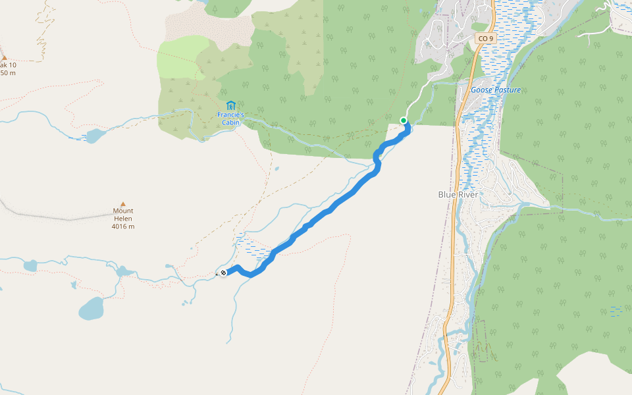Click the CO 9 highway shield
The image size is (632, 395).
pyautogui.click(x=485, y=39)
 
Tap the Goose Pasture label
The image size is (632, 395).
pyautogui.click(x=496, y=90)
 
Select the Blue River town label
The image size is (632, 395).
pyautogui.click(x=457, y=194)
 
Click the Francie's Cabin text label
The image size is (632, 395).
pyautogui.click(x=230, y=118)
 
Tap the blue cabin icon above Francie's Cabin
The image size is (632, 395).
pyautogui.click(x=230, y=105)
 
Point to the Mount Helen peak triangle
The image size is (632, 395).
pyautogui.click(x=122, y=204)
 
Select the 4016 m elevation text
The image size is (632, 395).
pyautogui.click(x=123, y=226)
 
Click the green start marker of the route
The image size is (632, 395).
pyautogui.click(x=404, y=120)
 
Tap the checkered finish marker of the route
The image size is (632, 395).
pyautogui.click(x=223, y=273)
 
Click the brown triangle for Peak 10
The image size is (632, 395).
pyautogui.click(x=4, y=58)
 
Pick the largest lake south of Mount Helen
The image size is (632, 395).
pyautogui.click(x=91, y=307)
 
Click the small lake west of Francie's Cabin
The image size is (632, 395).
pyautogui.click(x=95, y=136)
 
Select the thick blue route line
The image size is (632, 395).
pyautogui.click(x=329, y=211)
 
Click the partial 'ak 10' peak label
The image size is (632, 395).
pyautogui.click(x=8, y=65)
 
